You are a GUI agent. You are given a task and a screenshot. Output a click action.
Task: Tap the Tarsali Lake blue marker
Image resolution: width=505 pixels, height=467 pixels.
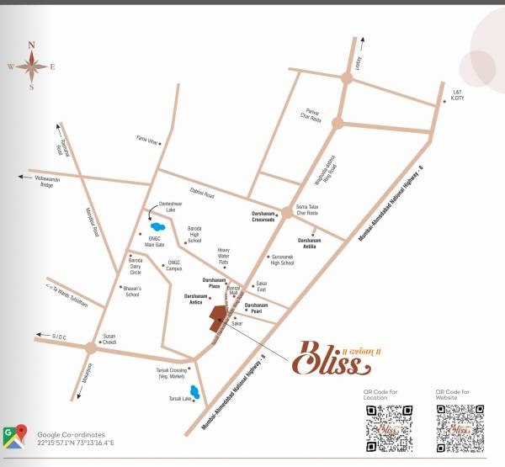tap(195, 390)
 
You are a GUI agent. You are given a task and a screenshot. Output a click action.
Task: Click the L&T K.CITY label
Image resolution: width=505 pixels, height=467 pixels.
tap(457, 94)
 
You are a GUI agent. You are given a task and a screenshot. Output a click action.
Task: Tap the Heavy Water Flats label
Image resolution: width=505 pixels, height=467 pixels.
tap(223, 255)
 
